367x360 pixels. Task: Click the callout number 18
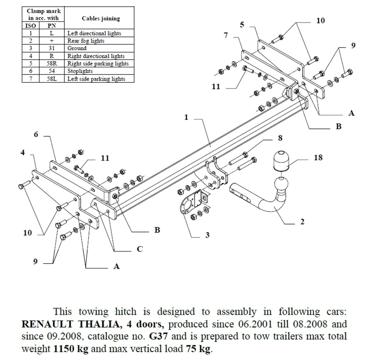click(x=318, y=157)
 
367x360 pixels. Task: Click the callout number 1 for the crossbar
click(x=186, y=117)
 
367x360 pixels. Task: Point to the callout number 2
click(x=302, y=222)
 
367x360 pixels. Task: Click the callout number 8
click(x=280, y=138)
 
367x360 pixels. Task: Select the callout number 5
click(x=242, y=25)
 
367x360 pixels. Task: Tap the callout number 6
click(x=36, y=135)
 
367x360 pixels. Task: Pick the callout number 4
click(x=23, y=153)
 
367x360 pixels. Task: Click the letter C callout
click(x=139, y=249)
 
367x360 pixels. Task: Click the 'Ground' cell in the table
click(x=77, y=48)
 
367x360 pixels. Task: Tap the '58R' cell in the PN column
click(x=51, y=63)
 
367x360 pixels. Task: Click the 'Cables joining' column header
click(x=101, y=18)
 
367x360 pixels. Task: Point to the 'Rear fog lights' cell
click(x=86, y=41)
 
